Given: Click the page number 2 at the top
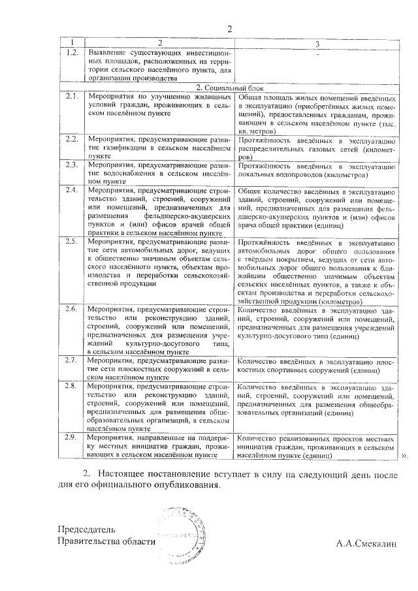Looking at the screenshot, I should pos(229,29).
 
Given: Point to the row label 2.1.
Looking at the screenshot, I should pos(72,96).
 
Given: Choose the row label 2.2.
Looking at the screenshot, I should pos(72,139).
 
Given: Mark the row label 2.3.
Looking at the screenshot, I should pos(72,165).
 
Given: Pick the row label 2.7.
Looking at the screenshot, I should pos(72,360).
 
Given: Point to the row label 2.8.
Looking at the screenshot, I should pos(72,387).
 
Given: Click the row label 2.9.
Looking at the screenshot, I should pos(72,437).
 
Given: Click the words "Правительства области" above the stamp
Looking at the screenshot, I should pos(106,541).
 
